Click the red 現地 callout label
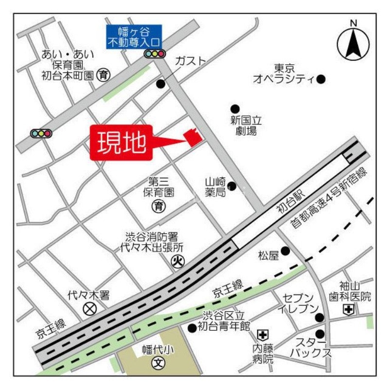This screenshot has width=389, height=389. [122, 142]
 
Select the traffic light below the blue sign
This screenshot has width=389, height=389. [155, 54]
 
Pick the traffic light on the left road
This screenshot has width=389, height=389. [41, 133]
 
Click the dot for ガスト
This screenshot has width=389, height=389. [160, 84]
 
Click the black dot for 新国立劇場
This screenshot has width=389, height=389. [235, 108]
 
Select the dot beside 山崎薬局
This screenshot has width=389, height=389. [232, 186]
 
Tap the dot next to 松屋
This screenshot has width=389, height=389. [285, 251]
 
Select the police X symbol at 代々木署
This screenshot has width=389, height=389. [89, 308]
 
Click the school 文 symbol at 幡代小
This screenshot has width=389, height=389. [157, 362]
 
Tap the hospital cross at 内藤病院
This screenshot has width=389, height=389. [263, 335]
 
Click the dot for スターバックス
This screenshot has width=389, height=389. [319, 334]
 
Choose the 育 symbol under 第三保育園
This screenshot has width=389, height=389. [158, 206]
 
